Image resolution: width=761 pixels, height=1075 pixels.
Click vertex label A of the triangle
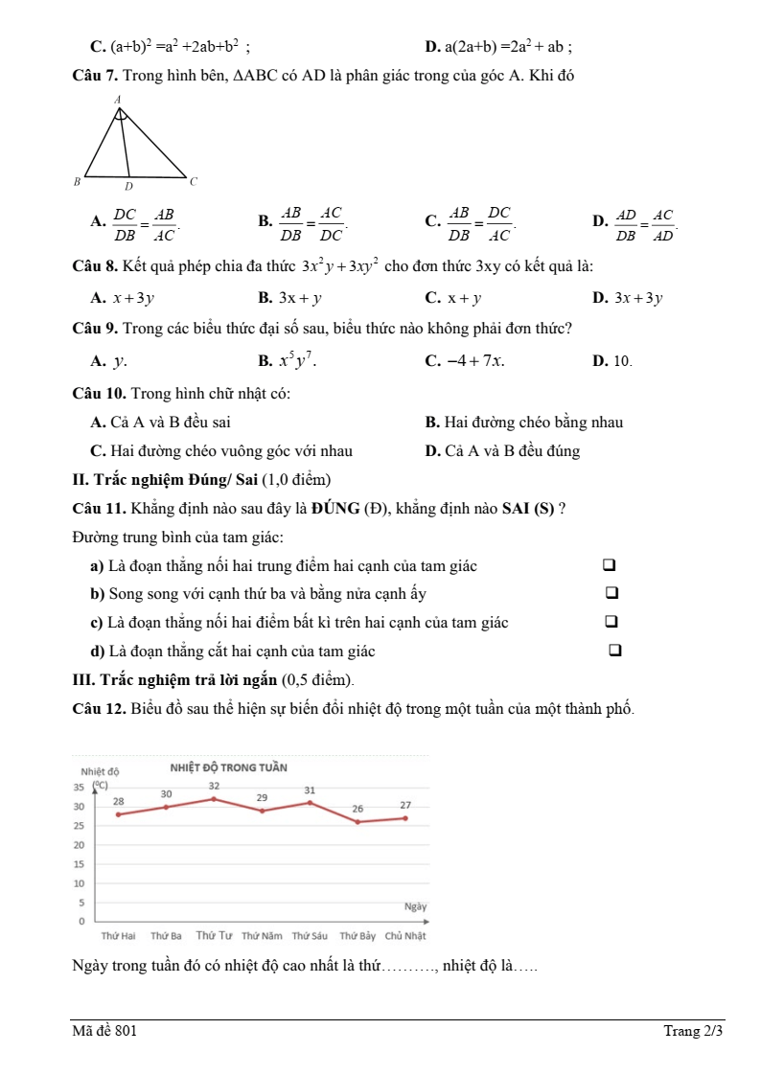coord(118,99)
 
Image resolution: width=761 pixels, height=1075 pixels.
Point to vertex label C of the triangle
coord(192,180)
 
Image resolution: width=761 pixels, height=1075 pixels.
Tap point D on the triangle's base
coord(128,185)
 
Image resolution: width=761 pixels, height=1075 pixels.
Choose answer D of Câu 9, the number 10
coord(622,361)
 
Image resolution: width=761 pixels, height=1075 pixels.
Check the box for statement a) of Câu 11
coord(608,566)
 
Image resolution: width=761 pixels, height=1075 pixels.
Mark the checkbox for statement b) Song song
coord(611,594)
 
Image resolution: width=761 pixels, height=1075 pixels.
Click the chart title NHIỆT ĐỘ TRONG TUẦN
coord(228,767)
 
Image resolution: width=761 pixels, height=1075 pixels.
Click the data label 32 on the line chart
coord(214,786)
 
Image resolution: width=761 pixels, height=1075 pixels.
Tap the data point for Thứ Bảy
coord(357,822)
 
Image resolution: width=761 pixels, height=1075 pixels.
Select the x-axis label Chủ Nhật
coord(405,936)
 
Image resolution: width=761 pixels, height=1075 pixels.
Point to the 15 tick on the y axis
coord(80,864)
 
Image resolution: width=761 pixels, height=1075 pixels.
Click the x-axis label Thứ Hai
coord(118,936)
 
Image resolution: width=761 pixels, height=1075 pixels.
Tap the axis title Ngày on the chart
coord(415,905)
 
